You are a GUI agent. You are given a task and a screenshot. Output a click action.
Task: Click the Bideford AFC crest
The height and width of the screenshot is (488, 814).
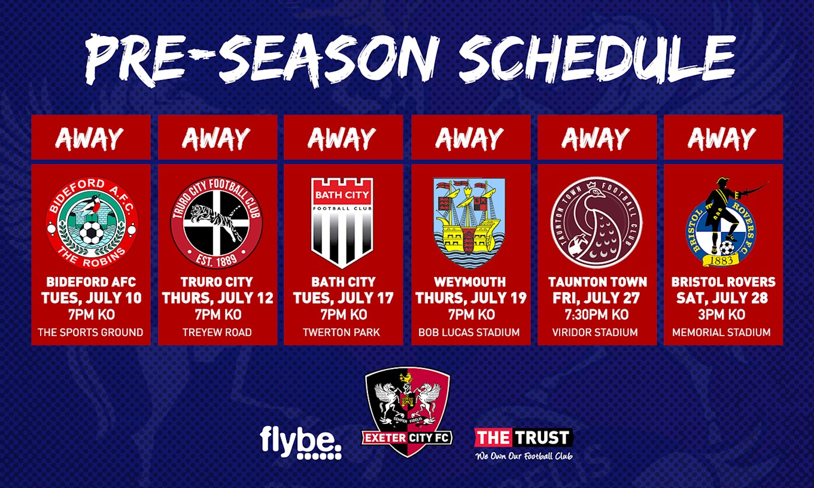tap(91, 223)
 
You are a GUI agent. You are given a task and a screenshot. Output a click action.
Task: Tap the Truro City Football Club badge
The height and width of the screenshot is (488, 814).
tap(217, 223)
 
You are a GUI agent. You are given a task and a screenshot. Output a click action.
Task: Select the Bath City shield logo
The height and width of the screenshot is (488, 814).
tap(342, 223)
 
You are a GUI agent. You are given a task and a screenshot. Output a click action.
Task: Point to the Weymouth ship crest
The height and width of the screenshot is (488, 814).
tap(469, 223)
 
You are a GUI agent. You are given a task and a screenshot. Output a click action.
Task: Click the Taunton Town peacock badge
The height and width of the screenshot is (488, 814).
tap(596, 223)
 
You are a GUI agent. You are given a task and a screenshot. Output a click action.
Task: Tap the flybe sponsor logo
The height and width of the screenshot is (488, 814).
tap(301, 443)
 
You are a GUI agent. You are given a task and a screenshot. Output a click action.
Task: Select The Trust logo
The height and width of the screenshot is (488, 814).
tap(524, 444)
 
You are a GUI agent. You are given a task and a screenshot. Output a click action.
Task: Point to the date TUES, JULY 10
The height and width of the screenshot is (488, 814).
tap(91, 298)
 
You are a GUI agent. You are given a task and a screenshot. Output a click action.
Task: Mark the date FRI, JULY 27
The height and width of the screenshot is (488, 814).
tap(596, 298)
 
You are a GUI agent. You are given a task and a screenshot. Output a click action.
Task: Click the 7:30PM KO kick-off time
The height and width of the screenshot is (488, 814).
tap(596, 315)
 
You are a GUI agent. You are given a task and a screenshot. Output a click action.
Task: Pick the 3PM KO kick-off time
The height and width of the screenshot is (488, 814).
tap(722, 315)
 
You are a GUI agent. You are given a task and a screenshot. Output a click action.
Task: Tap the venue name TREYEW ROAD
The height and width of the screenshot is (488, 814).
tap(217, 333)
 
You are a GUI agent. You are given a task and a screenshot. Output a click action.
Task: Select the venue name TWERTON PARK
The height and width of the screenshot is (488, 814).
tap(342, 333)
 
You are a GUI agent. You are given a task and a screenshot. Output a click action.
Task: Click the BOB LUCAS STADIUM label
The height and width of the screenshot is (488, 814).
tap(469, 333)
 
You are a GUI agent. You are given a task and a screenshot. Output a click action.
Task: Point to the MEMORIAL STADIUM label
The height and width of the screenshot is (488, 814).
tap(721, 333)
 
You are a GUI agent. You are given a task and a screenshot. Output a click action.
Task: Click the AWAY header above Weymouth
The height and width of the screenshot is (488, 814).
tap(470, 138)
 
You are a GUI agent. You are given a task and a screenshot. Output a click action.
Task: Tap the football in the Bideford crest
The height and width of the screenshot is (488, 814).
tap(91, 233)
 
